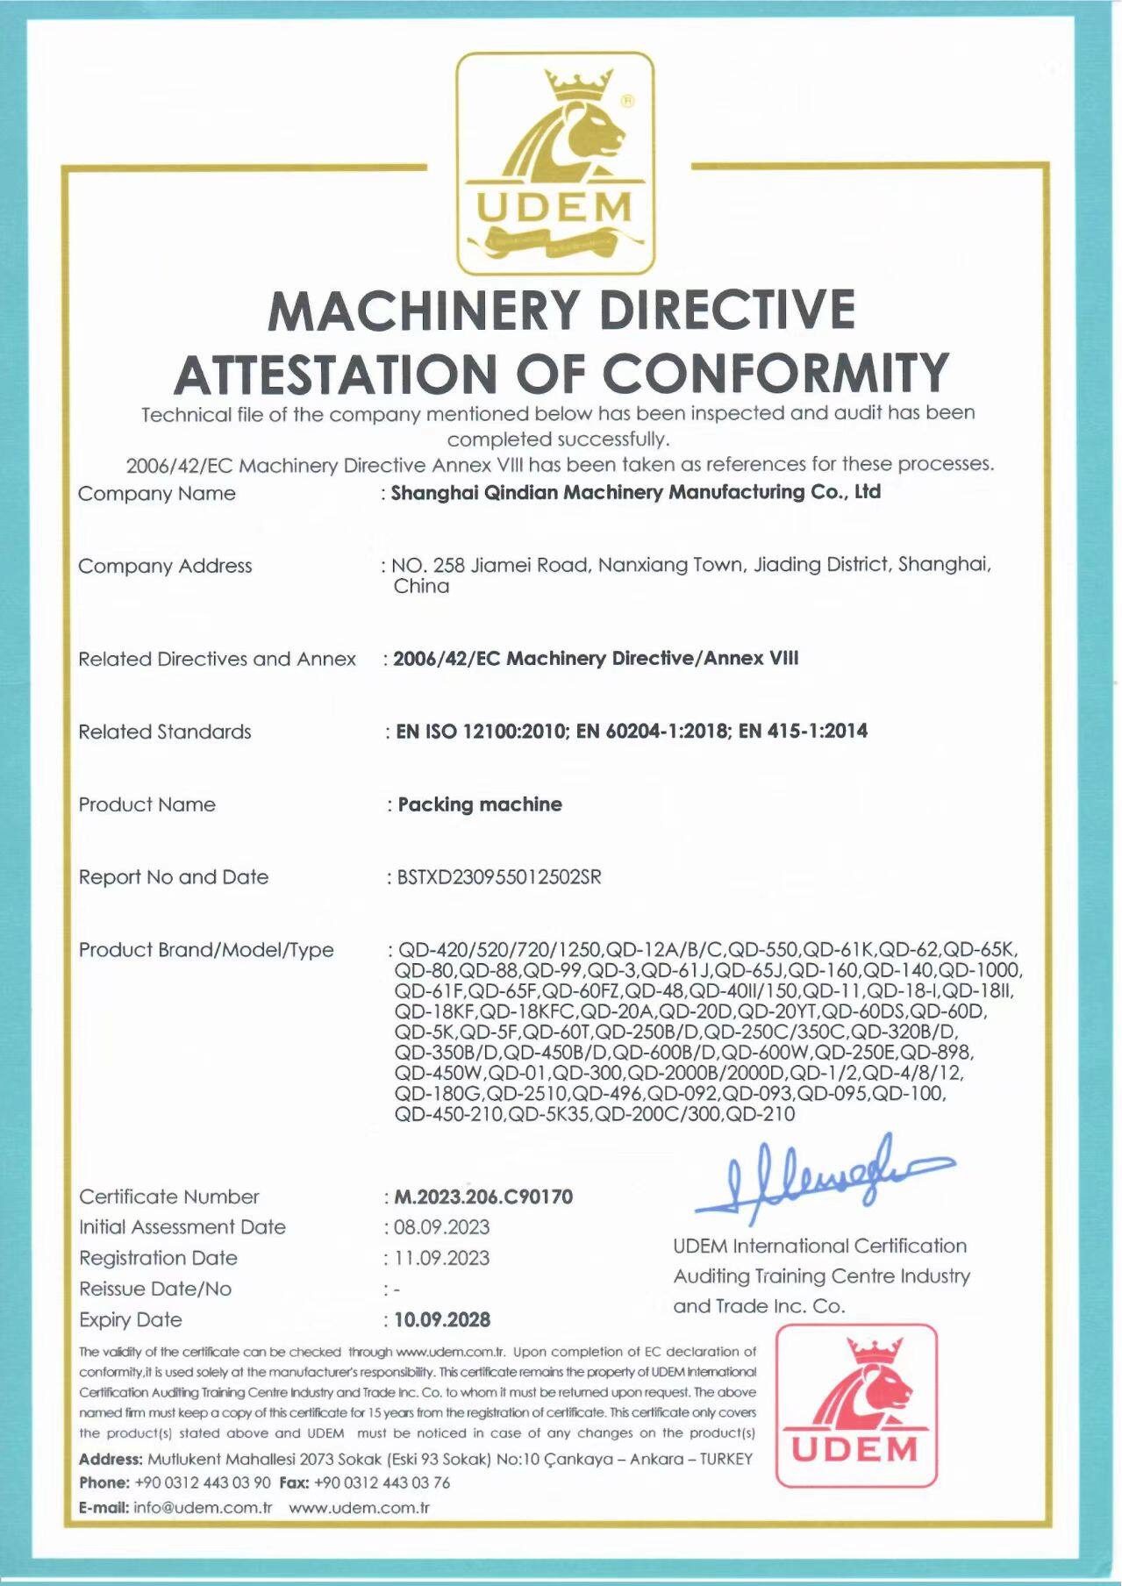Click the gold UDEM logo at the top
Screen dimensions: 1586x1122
tap(555, 164)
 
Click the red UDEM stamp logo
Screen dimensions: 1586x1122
tap(856, 1405)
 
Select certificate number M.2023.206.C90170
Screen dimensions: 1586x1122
tap(483, 1197)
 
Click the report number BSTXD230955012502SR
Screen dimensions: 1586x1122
tap(499, 877)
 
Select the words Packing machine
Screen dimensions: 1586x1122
tap(480, 804)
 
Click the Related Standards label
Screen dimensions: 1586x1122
tap(165, 732)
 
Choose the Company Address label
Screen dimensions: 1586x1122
tap(165, 566)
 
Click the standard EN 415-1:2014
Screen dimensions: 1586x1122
tap(803, 731)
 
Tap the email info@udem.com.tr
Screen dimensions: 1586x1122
tap(203, 1508)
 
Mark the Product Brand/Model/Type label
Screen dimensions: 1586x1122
tap(206, 950)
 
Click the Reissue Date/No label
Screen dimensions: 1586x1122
tap(155, 1289)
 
